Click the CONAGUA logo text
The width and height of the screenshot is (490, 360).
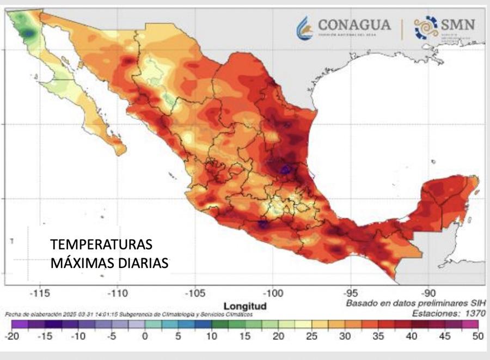tap(354, 25)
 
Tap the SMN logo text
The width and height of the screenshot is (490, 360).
tap(458, 25)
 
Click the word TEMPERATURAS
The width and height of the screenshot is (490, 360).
tap(102, 244)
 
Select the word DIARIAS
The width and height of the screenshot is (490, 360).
tap(143, 263)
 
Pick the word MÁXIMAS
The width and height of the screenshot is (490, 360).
tap(82, 263)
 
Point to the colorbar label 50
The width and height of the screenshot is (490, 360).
tap(477, 337)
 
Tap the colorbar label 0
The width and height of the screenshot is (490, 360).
tap(145, 337)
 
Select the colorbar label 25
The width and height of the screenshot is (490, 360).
tap(311, 337)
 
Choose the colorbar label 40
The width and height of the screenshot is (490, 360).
tap(411, 337)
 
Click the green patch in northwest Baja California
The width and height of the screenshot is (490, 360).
tap(25, 27)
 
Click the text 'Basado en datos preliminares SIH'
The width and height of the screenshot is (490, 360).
tap(416, 303)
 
